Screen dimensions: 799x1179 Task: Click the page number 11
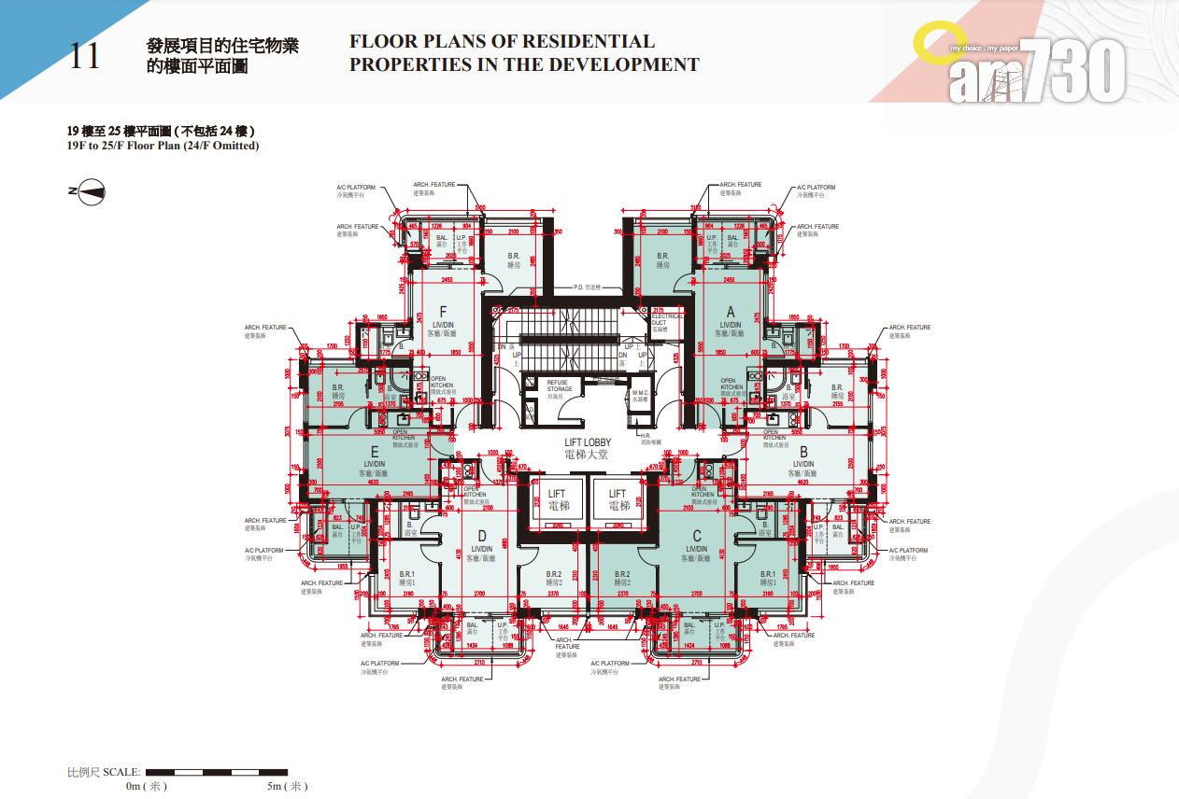[x=83, y=56]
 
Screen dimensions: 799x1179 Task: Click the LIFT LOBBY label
[x=587, y=442]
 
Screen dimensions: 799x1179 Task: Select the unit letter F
[x=443, y=312]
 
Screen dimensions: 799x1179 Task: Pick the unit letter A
[x=731, y=312]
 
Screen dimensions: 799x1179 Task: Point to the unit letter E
[x=374, y=451]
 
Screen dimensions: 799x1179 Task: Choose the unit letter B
[x=803, y=451]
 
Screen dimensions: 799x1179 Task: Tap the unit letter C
[x=696, y=536]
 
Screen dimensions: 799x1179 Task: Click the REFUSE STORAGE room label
[x=560, y=385]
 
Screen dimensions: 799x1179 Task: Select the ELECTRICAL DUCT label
[x=667, y=319]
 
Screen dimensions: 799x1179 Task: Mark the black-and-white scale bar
[x=215, y=772]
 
